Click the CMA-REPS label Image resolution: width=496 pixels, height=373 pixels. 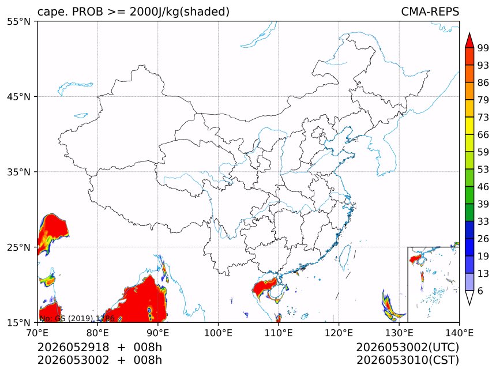pos(430,12)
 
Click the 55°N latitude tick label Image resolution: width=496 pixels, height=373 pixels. pos(18,21)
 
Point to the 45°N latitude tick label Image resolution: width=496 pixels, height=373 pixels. pos(18,96)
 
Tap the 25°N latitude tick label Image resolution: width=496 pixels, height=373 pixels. pos(18,247)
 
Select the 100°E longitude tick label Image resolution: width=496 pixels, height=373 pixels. pos(218,333)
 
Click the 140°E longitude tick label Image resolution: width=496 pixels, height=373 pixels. pos(459,333)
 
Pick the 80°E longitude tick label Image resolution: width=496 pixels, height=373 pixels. pos(97,333)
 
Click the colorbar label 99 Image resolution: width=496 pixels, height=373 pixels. pos(483,48)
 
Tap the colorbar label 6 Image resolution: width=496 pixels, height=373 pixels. pos(480,291)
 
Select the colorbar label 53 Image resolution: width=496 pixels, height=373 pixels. pos(483,169)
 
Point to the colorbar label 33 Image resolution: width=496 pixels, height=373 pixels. pos(483,221)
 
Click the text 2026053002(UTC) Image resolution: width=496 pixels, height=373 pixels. pos(407,348)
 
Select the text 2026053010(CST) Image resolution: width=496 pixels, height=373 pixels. pos(407,360)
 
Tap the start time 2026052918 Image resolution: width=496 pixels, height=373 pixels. pos(73,348)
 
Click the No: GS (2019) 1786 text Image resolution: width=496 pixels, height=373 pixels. pos(77,318)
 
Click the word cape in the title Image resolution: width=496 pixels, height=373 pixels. pos(50,12)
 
